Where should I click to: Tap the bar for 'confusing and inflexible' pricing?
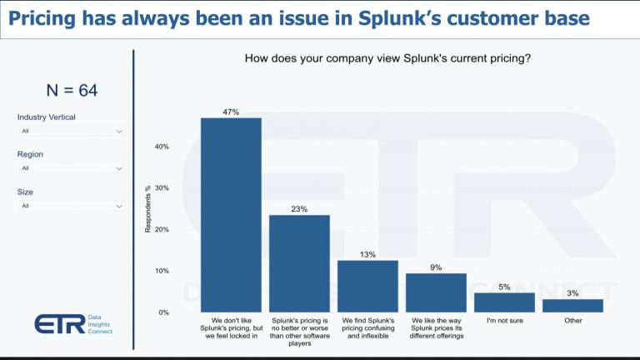tap(367, 286)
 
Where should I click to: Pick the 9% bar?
tap(436, 292)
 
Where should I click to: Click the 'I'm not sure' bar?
tap(504, 302)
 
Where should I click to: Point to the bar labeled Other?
tap(572, 306)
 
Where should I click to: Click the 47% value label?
tap(231, 111)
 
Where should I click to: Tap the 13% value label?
tap(367, 254)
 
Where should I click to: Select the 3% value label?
tap(572, 292)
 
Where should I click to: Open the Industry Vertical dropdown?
tap(72, 131)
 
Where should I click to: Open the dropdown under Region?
tap(72, 168)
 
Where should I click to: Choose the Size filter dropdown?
tap(72, 206)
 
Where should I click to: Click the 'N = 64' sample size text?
tap(71, 91)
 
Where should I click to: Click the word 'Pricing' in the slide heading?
tap(44, 18)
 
